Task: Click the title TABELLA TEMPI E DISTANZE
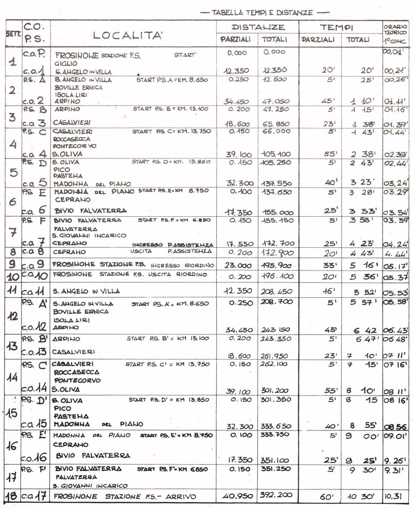click(263, 12)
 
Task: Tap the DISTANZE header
click(258, 27)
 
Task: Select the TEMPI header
click(336, 27)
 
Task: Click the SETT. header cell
click(12, 35)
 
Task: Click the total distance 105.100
click(276, 154)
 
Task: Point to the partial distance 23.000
click(237, 265)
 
